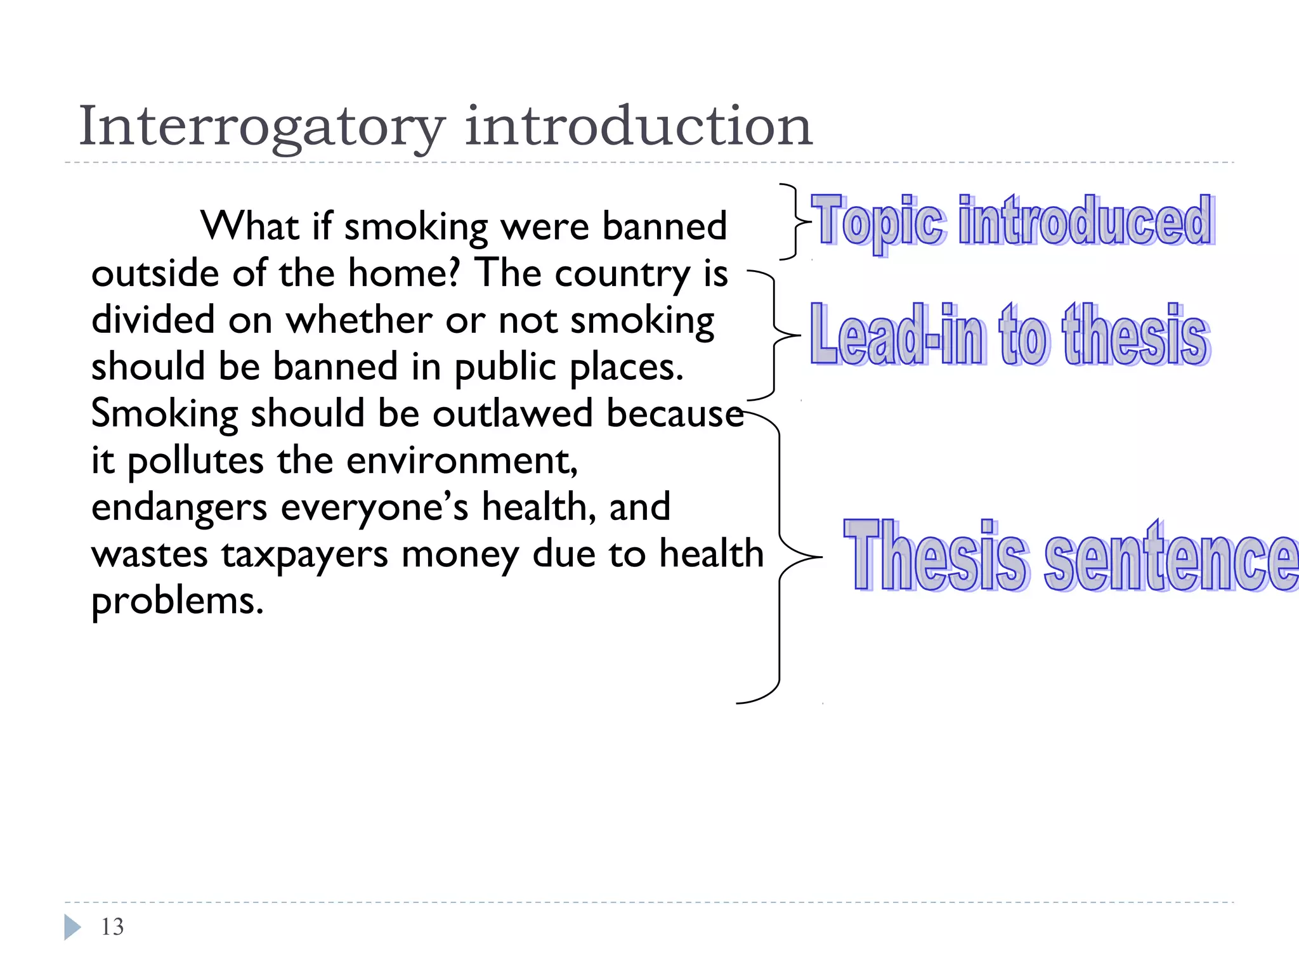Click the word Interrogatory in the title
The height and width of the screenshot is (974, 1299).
click(261, 127)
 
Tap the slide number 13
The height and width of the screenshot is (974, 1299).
click(112, 927)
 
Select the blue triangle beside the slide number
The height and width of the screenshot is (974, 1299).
click(72, 927)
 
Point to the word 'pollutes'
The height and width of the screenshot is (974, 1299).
click(195, 462)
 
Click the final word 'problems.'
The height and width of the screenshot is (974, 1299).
click(177, 601)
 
